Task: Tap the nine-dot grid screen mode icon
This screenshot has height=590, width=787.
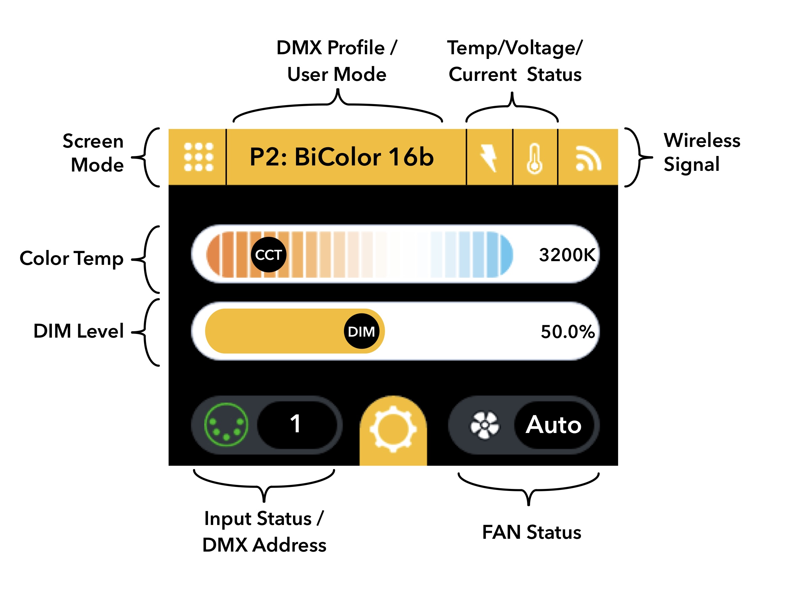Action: pyautogui.click(x=198, y=157)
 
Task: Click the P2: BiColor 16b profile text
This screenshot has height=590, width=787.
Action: pyautogui.click(x=342, y=157)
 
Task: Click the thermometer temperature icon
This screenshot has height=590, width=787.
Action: pyautogui.click(x=534, y=159)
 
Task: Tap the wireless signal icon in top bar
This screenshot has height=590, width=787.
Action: pyautogui.click(x=588, y=158)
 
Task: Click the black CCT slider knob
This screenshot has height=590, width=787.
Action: pyautogui.click(x=269, y=255)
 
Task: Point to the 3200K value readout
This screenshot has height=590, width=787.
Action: pyautogui.click(x=566, y=255)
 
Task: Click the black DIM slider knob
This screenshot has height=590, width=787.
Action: pyautogui.click(x=361, y=331)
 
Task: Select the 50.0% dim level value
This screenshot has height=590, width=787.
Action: pyautogui.click(x=567, y=332)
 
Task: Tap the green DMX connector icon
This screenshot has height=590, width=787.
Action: pyautogui.click(x=226, y=424)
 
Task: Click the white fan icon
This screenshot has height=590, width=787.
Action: pyautogui.click(x=485, y=425)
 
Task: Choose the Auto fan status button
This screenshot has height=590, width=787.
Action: pyautogui.click(x=553, y=425)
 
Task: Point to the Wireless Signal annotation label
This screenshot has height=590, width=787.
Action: pyautogui.click(x=701, y=152)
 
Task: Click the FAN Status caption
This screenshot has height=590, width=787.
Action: pyautogui.click(x=531, y=532)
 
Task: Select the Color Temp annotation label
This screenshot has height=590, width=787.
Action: pyautogui.click(x=71, y=258)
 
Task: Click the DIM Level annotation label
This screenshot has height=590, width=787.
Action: pyautogui.click(x=79, y=331)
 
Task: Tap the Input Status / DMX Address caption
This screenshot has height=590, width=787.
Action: pyautogui.click(x=264, y=532)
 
